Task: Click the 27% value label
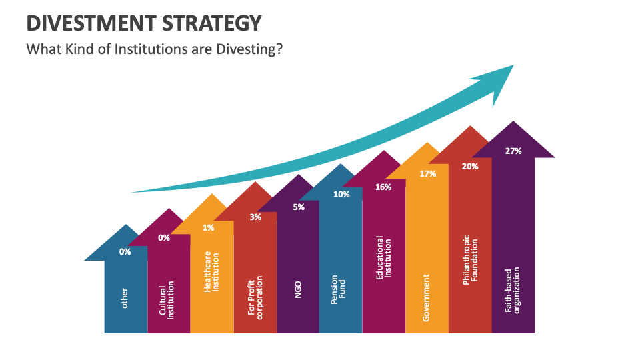(x=513, y=151)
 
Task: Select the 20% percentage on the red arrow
(x=470, y=166)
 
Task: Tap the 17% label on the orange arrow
(x=428, y=173)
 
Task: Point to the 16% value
(x=383, y=187)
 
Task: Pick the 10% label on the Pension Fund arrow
(x=341, y=195)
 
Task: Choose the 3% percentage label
(x=255, y=217)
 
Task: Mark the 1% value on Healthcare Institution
(x=209, y=227)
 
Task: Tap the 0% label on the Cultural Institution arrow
(x=164, y=237)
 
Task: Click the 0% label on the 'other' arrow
(x=125, y=251)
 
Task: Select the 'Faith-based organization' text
(x=513, y=290)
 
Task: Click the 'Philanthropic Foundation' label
(x=471, y=260)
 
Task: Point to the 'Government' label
(x=427, y=297)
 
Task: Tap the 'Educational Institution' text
(x=384, y=257)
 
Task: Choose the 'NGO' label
(x=298, y=290)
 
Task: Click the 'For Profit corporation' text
(x=255, y=297)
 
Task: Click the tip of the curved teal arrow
(x=512, y=66)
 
